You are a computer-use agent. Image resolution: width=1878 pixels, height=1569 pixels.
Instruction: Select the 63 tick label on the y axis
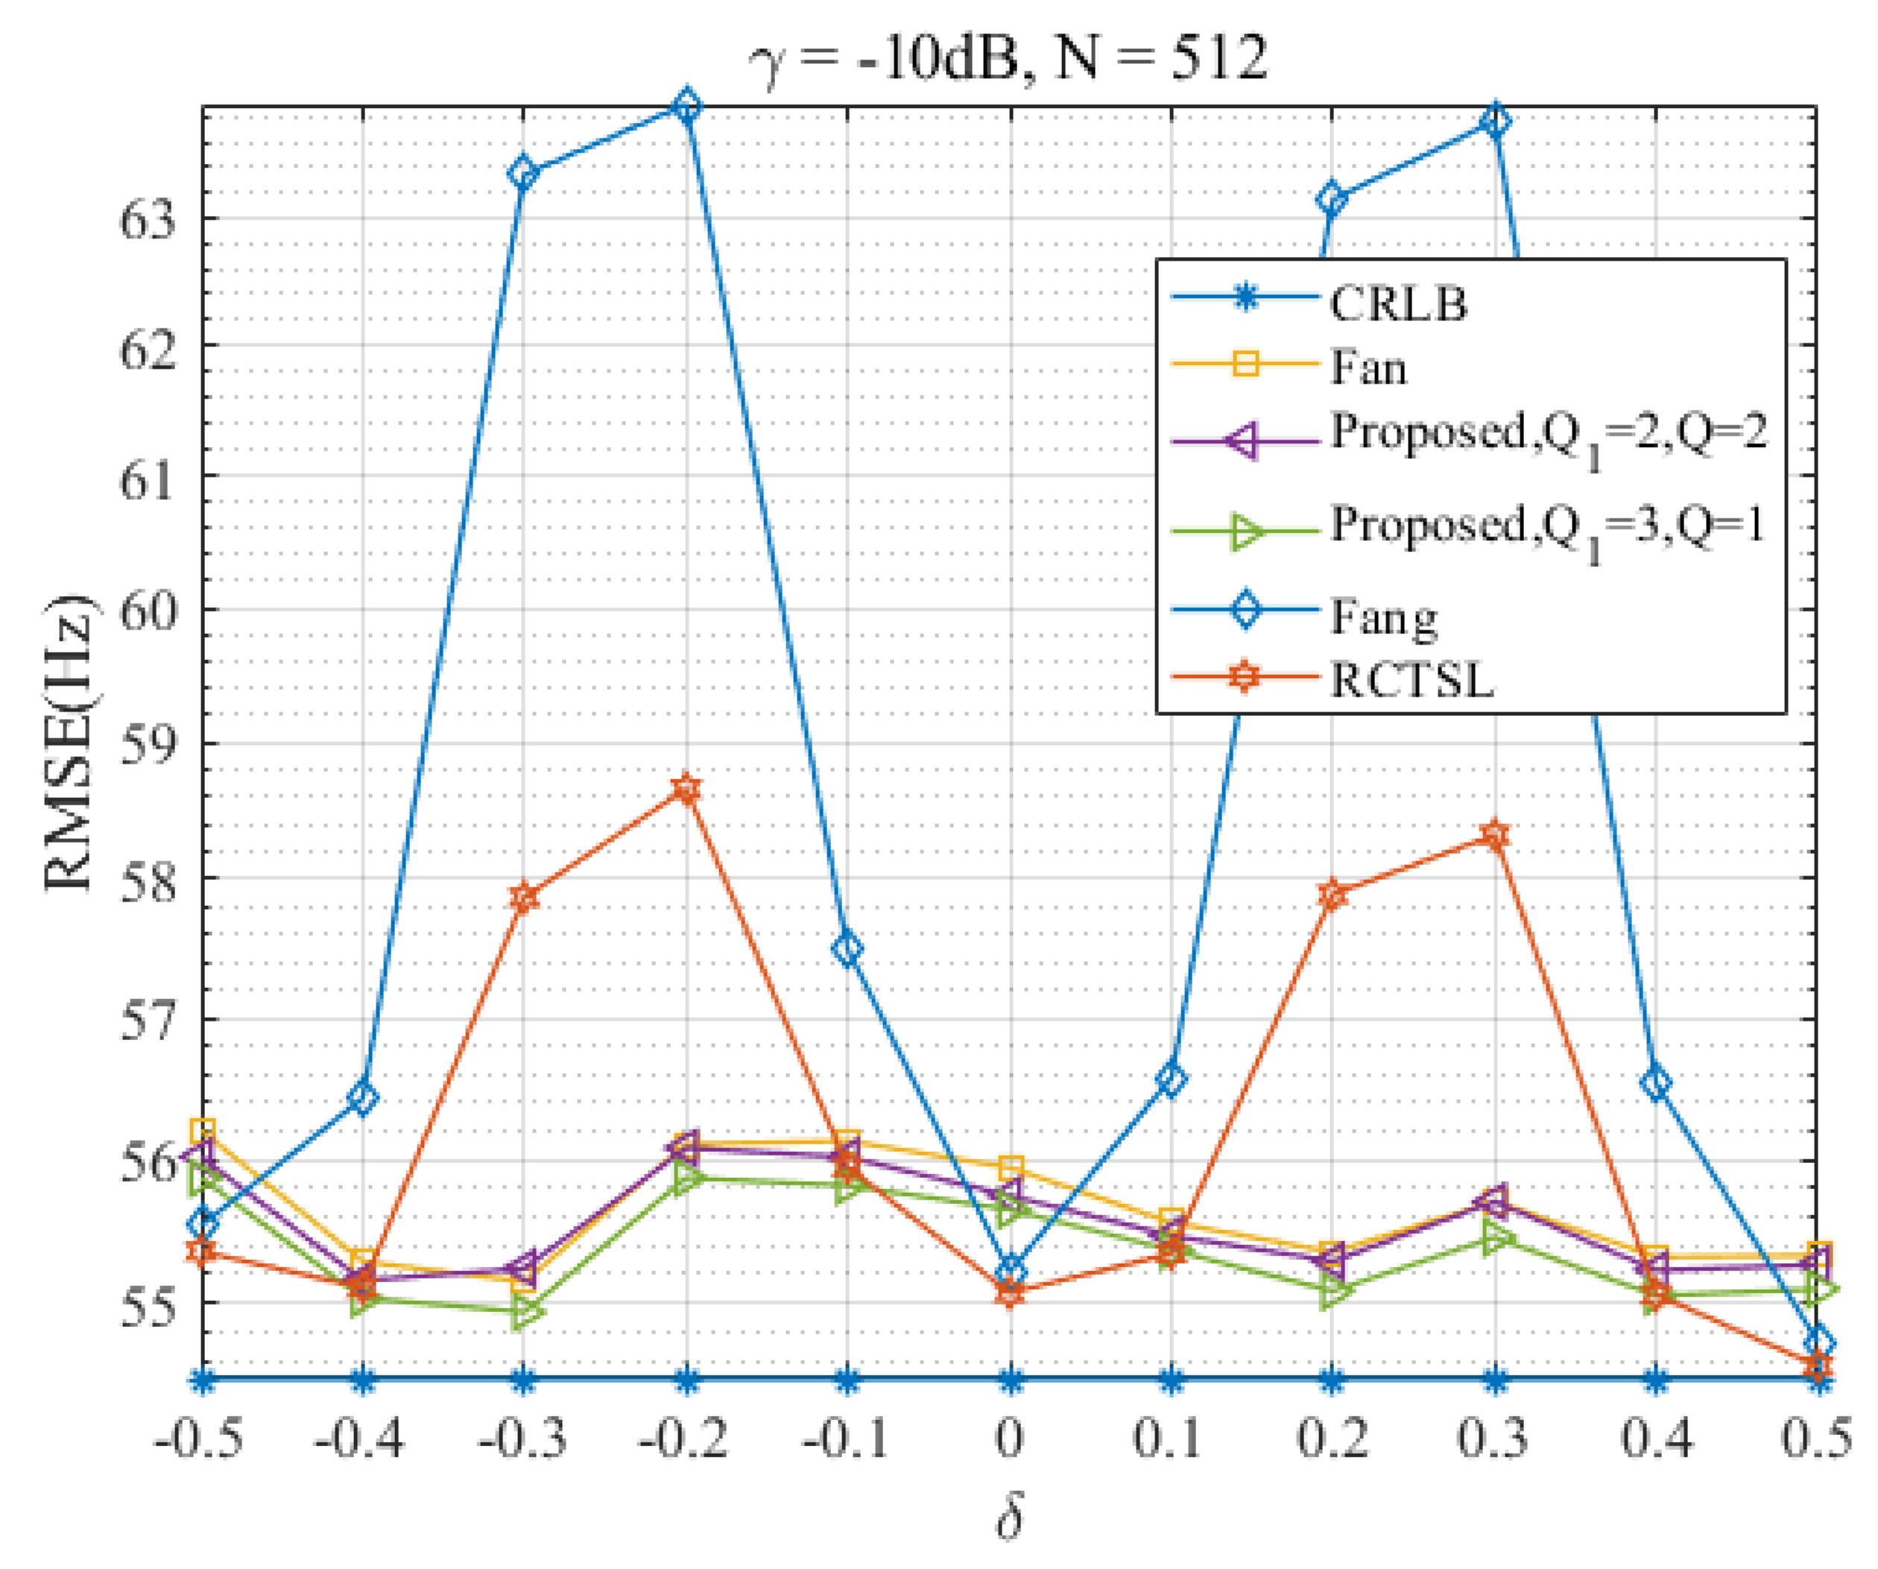148,219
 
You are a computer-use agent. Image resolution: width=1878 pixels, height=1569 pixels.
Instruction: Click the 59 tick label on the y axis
148,744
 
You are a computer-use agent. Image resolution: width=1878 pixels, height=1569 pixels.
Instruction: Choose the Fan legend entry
1368,367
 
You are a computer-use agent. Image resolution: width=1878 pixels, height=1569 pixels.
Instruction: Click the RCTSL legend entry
1412,680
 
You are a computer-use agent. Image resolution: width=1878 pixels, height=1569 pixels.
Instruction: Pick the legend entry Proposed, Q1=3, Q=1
1547,528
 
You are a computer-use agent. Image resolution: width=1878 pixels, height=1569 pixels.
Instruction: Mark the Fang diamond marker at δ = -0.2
686,107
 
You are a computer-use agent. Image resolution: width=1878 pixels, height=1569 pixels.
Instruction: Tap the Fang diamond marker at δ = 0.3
1495,121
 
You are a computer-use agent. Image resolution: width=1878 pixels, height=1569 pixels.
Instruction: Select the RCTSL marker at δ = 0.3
1495,836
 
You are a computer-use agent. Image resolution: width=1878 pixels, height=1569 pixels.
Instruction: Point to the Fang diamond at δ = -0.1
848,949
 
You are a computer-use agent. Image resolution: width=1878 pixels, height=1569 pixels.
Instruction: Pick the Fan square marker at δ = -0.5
203,1131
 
